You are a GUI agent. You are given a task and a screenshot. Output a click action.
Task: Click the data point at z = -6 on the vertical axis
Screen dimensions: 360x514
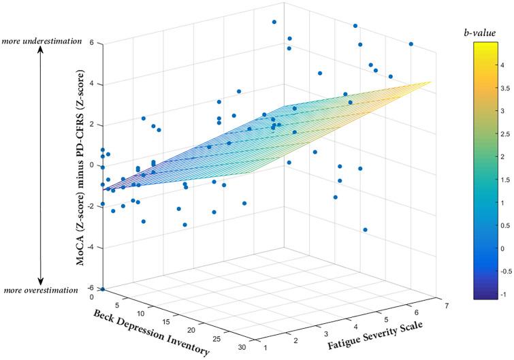(103, 289)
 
